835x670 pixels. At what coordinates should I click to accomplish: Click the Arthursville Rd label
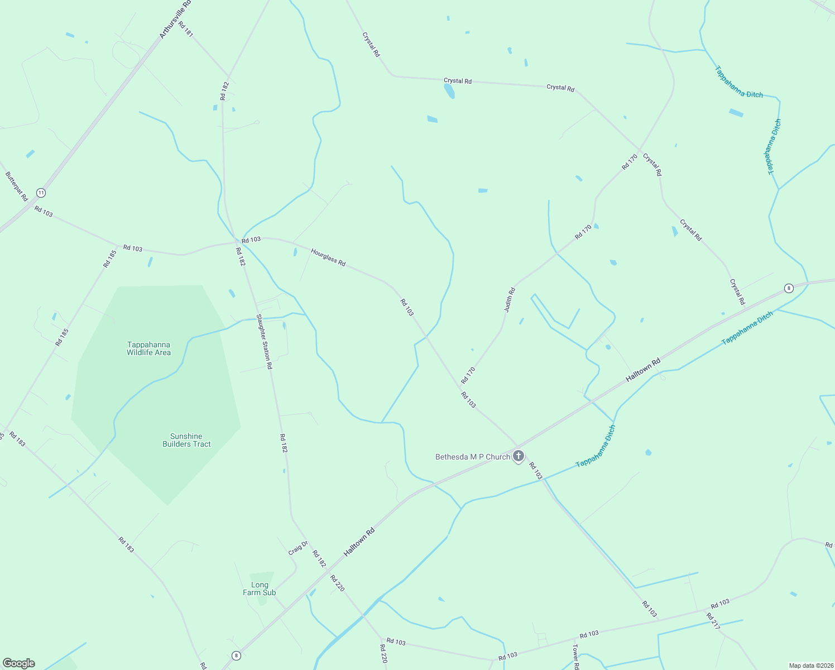tap(175, 20)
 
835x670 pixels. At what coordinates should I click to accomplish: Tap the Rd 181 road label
tap(186, 29)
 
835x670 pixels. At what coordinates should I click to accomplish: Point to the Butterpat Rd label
tap(17, 186)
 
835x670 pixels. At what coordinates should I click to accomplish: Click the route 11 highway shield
tap(41, 193)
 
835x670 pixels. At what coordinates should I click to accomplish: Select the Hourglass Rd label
tap(328, 257)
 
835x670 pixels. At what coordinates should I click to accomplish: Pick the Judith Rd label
tap(510, 300)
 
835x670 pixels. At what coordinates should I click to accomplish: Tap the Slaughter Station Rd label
tap(264, 341)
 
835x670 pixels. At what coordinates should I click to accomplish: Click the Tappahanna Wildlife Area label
tap(148, 348)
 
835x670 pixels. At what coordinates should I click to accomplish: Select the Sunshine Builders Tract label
tap(186, 440)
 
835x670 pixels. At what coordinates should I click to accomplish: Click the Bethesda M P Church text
tap(472, 457)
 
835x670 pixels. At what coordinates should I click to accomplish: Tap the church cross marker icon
tap(519, 456)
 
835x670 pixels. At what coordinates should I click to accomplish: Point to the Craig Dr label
tap(298, 548)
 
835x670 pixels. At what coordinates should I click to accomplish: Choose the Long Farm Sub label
tap(260, 588)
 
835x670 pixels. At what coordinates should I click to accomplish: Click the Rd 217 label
tap(713, 621)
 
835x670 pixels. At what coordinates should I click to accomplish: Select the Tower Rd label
tap(575, 657)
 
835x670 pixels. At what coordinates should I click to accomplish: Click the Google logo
tap(19, 663)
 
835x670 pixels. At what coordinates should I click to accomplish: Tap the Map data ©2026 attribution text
tap(811, 666)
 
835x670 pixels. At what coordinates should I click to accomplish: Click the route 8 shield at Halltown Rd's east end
tap(788, 288)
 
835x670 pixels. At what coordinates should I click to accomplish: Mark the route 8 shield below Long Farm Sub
tap(237, 655)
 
